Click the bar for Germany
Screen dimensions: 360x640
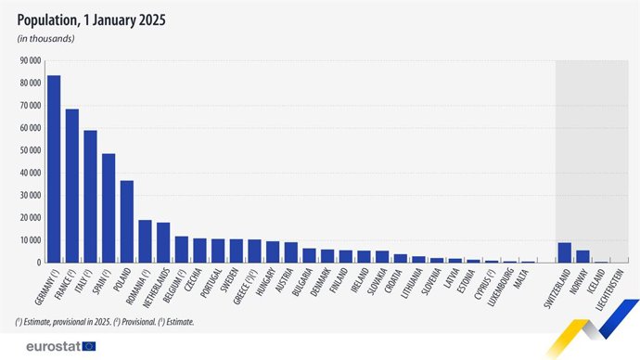tap(54, 169)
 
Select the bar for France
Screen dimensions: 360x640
tap(71, 186)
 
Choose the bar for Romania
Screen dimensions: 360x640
tap(145, 241)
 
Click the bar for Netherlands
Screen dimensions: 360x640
tap(163, 243)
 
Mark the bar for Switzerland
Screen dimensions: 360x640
tap(565, 252)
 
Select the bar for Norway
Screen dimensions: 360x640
tap(582, 256)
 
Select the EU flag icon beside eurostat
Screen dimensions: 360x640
tap(88, 346)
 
